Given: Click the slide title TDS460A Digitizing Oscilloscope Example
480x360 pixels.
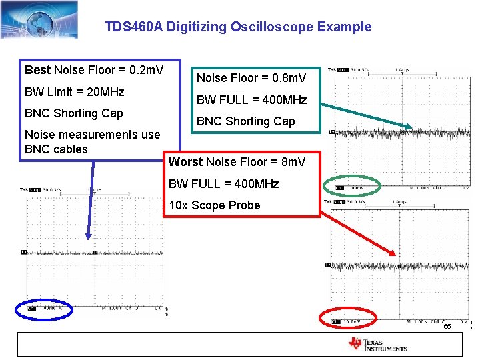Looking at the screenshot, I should point(238,27).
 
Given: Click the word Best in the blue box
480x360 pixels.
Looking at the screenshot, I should point(37,70).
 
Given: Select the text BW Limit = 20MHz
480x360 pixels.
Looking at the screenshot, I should point(74,91).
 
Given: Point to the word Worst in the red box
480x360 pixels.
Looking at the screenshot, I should point(186,162).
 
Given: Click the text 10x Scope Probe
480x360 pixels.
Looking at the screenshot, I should point(214,205).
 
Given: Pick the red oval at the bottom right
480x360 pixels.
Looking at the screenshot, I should point(349,319).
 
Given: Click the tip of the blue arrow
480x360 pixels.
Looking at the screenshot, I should point(88,238).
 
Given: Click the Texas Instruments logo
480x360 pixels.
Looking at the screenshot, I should point(377,344).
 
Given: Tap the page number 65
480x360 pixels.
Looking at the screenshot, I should point(447,327).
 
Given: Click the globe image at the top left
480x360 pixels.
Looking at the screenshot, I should point(39,19).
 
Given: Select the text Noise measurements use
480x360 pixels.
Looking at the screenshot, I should point(92,134).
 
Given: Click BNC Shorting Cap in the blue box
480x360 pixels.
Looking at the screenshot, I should point(73,113).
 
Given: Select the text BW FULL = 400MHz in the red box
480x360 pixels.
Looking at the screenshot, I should point(223,183).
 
